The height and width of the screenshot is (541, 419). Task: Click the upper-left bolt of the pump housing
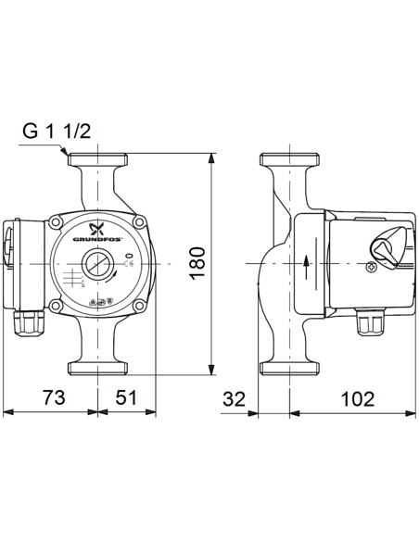[x=59, y=222]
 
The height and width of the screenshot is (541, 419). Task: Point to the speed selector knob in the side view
[x=383, y=249]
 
